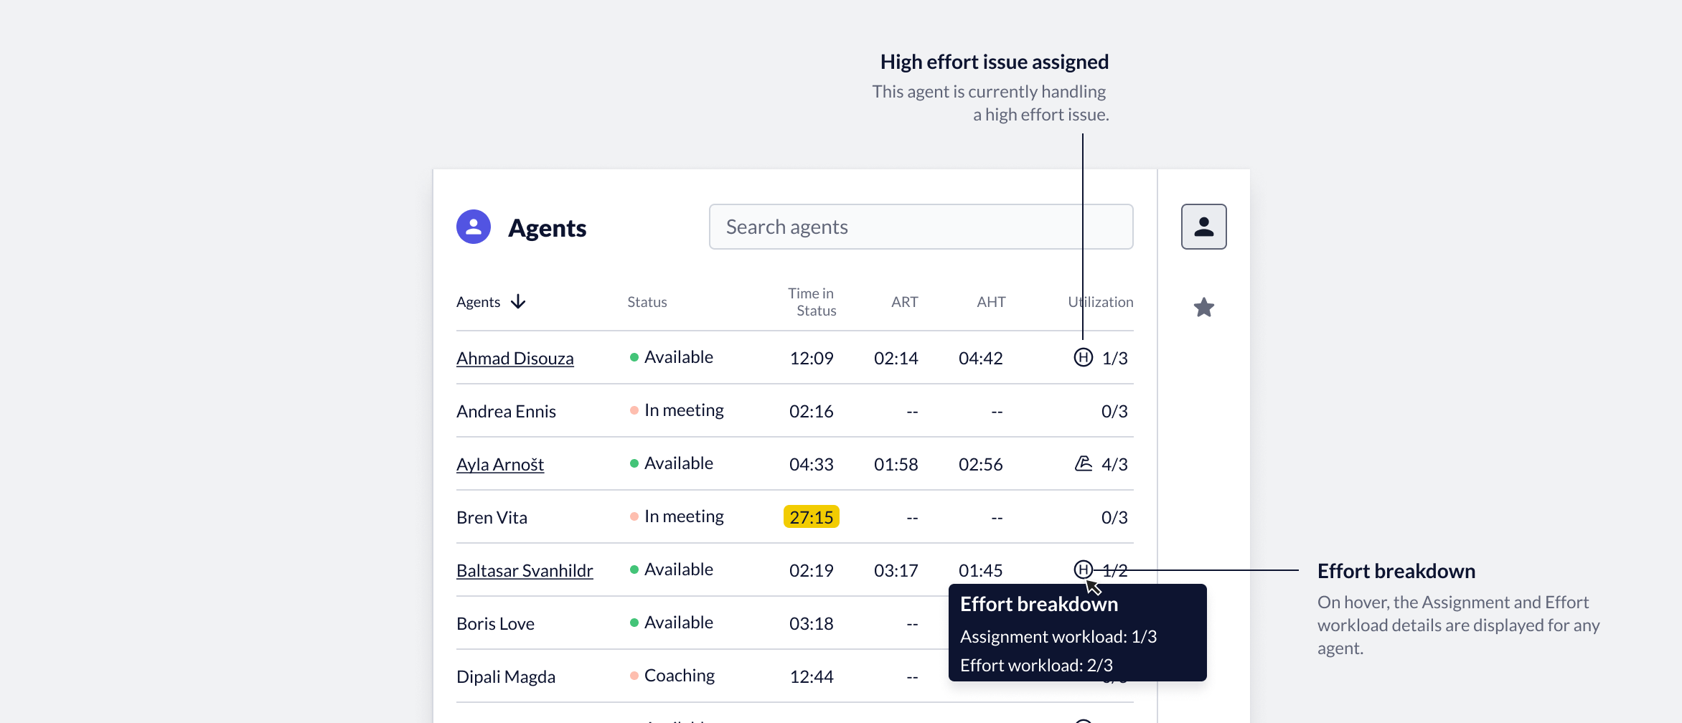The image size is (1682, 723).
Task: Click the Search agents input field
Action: click(x=920, y=227)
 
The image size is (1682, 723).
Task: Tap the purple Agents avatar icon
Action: click(x=474, y=227)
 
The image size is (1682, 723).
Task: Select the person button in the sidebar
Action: click(x=1203, y=227)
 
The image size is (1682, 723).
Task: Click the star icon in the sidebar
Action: click(x=1203, y=308)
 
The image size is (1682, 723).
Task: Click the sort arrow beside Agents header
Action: click(x=518, y=302)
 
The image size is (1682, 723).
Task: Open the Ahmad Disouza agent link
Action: click(x=515, y=358)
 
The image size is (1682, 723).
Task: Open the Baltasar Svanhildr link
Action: click(x=525, y=570)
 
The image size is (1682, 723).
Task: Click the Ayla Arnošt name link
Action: click(x=500, y=464)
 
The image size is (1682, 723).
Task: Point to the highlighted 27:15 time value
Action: click(x=811, y=517)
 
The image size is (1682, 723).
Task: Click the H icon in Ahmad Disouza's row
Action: click(x=1083, y=357)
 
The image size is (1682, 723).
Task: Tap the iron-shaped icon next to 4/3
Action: click(x=1083, y=463)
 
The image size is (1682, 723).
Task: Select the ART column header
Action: click(x=904, y=302)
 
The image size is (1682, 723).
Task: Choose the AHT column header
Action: click(x=991, y=302)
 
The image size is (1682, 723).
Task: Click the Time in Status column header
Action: click(x=812, y=302)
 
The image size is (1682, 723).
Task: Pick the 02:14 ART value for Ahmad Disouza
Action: click(x=896, y=358)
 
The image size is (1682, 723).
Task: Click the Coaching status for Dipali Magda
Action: click(x=679, y=676)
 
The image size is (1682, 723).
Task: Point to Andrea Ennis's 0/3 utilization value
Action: click(x=1114, y=411)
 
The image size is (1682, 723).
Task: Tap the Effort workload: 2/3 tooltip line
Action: click(x=1036, y=665)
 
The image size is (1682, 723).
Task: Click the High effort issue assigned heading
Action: click(x=994, y=62)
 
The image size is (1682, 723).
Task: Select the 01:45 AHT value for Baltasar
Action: click(x=980, y=570)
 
